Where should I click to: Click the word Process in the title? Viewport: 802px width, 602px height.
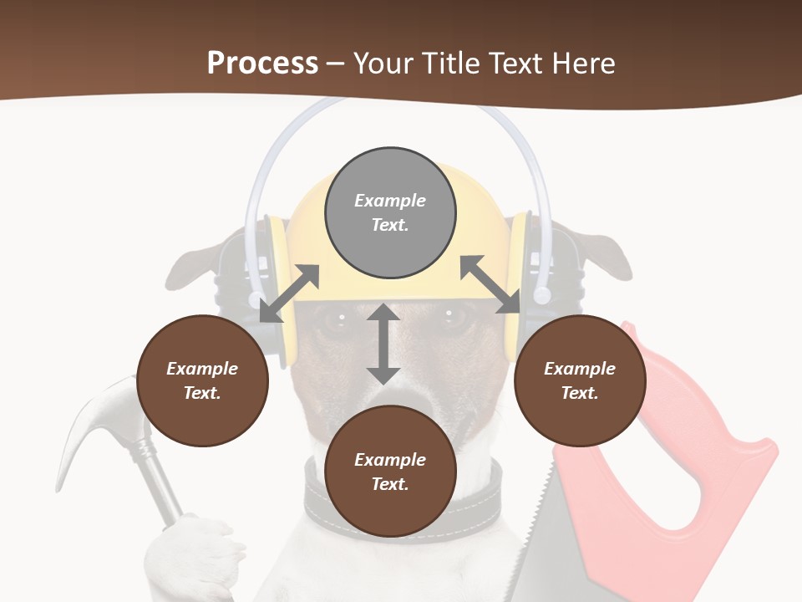[262, 64]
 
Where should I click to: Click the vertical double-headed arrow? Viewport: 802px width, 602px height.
[383, 344]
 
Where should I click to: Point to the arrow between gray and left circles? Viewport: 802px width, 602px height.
[289, 293]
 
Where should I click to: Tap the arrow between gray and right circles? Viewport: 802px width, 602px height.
[490, 285]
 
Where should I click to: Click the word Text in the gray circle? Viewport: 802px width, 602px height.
[389, 225]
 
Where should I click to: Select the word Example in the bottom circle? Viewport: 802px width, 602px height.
[390, 459]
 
